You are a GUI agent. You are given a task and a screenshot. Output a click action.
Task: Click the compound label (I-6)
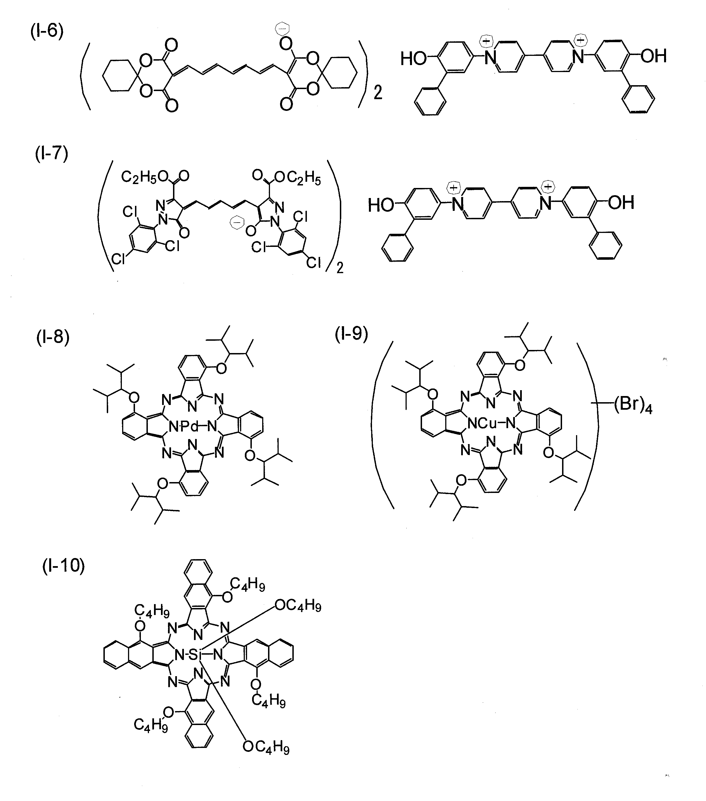(47, 31)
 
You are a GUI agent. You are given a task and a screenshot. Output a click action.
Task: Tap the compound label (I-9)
(351, 334)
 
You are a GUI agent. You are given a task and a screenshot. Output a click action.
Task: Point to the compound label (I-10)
(63, 566)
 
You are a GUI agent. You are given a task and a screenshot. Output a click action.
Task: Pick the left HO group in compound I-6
(413, 59)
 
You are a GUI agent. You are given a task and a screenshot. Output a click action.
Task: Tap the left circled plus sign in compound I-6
(487, 40)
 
